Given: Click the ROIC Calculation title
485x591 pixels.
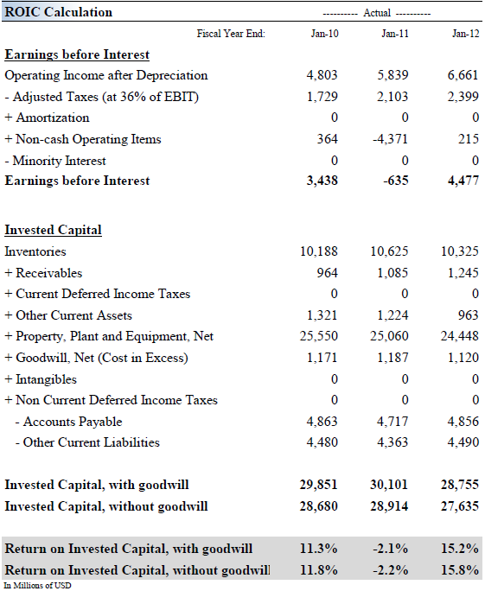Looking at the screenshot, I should click(x=59, y=12).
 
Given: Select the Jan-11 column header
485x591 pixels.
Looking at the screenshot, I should click(x=395, y=34).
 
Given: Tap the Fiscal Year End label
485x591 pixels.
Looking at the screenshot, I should click(x=231, y=34).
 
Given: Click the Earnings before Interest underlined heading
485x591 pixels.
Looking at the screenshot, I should click(x=77, y=54).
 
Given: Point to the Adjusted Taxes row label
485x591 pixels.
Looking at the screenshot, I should click(x=101, y=97).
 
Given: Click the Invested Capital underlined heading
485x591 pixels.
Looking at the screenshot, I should click(x=53, y=230).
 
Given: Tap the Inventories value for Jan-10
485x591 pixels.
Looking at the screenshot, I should click(x=319, y=251).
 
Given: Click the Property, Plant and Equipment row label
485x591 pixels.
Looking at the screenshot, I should click(x=109, y=336).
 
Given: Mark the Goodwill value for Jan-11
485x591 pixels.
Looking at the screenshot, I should click(x=392, y=358).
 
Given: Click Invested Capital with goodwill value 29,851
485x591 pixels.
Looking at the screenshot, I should click(x=318, y=485).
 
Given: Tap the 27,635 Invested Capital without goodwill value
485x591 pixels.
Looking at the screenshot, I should click(x=461, y=505).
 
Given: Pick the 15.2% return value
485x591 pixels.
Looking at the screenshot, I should click(x=462, y=549).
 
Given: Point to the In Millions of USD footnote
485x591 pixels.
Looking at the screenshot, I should click(x=37, y=585).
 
